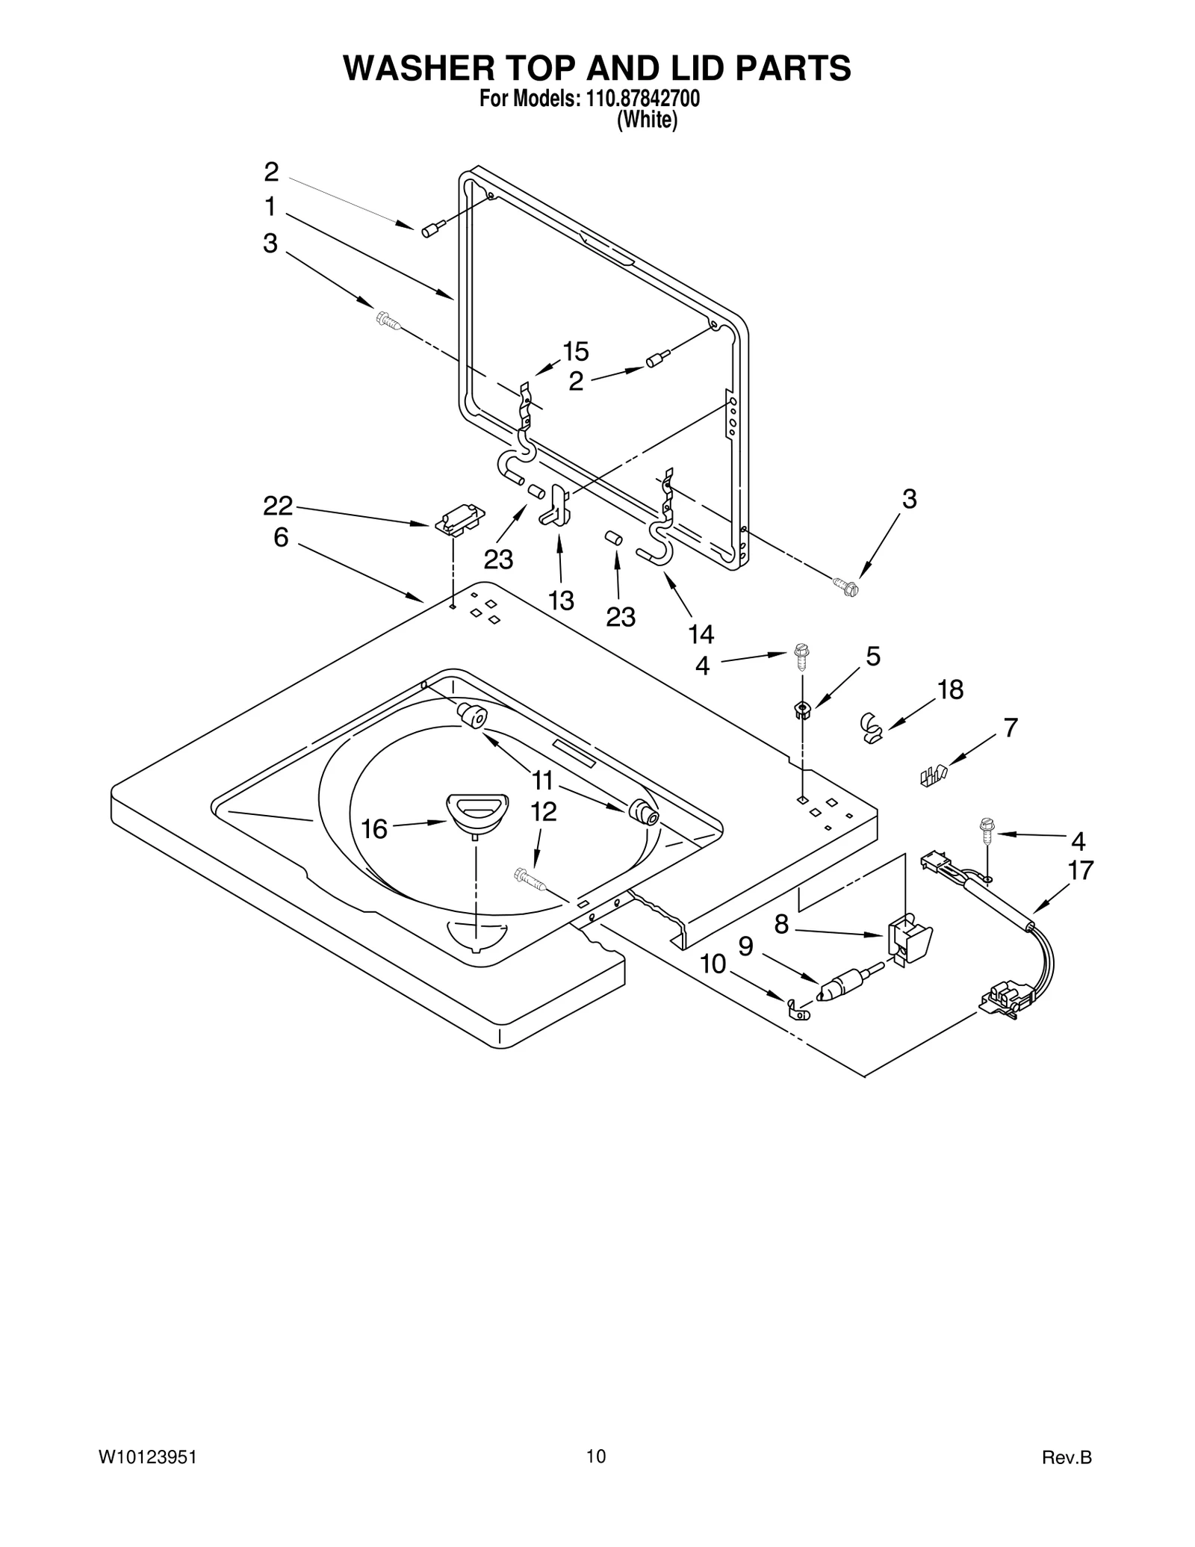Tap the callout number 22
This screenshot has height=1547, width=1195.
coord(278,506)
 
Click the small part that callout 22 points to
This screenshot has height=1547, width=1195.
coord(459,519)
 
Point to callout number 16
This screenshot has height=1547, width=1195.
coord(375,828)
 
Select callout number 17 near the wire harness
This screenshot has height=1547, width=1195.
coord(1081,870)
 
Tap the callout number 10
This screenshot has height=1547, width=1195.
coord(713,964)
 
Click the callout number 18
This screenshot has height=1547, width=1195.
coord(950,690)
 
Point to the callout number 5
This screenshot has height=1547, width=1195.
coord(873,657)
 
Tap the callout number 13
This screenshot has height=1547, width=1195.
coord(561,600)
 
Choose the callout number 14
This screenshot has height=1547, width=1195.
coord(701,634)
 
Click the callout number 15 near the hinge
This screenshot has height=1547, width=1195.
coord(575,351)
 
